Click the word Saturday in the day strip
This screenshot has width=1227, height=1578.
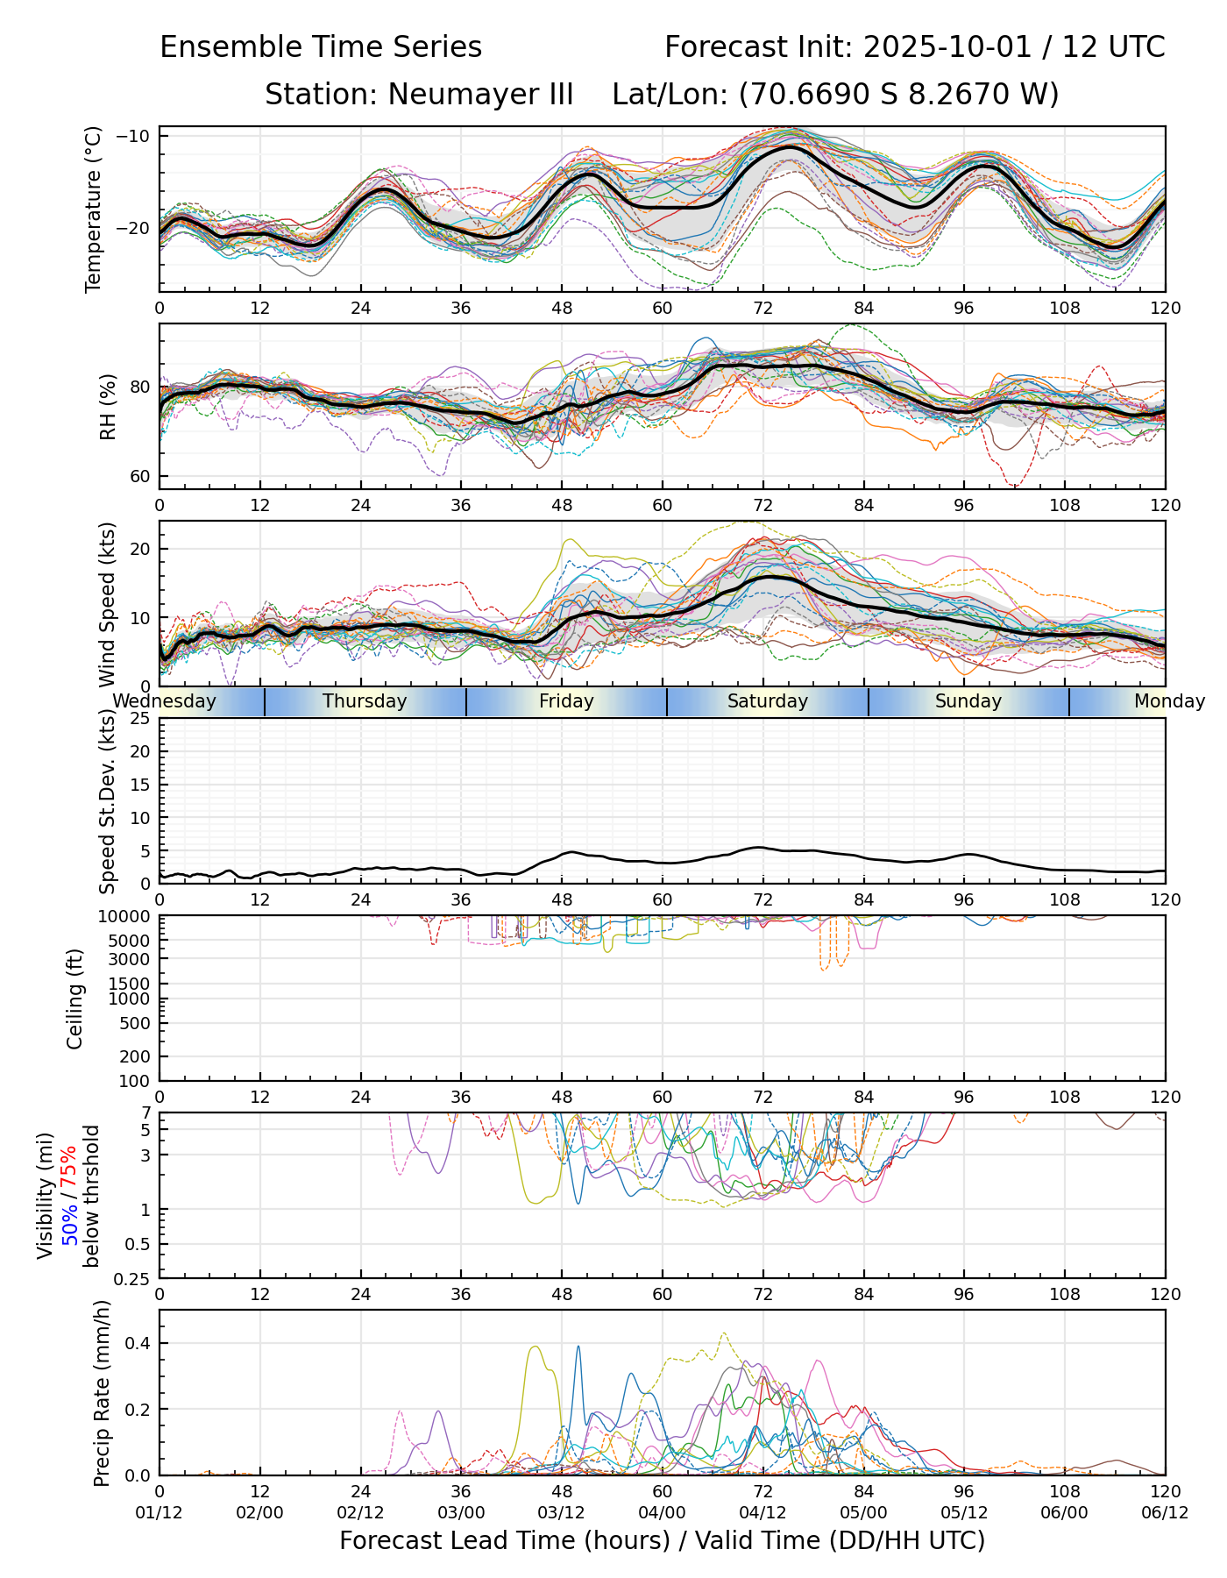coord(768,701)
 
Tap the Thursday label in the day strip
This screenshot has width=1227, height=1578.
coord(365,701)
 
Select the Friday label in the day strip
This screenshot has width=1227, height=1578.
coord(566,701)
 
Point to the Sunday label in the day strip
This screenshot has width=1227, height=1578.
coord(968,701)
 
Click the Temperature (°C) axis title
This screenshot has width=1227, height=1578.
coord(94,209)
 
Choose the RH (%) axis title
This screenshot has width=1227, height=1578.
coord(108,406)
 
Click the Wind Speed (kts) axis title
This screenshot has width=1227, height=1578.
coord(107,604)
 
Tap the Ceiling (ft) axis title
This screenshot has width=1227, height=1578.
coord(75,999)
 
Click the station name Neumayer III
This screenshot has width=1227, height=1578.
coord(419,94)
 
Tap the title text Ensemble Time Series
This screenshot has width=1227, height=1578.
coord(321,47)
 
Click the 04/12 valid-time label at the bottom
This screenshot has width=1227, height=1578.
coord(763,1514)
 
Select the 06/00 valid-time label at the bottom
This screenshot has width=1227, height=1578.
coord(1065,1514)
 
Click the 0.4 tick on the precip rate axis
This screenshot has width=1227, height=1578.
coord(138,1344)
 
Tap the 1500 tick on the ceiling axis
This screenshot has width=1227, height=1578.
coord(133,984)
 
